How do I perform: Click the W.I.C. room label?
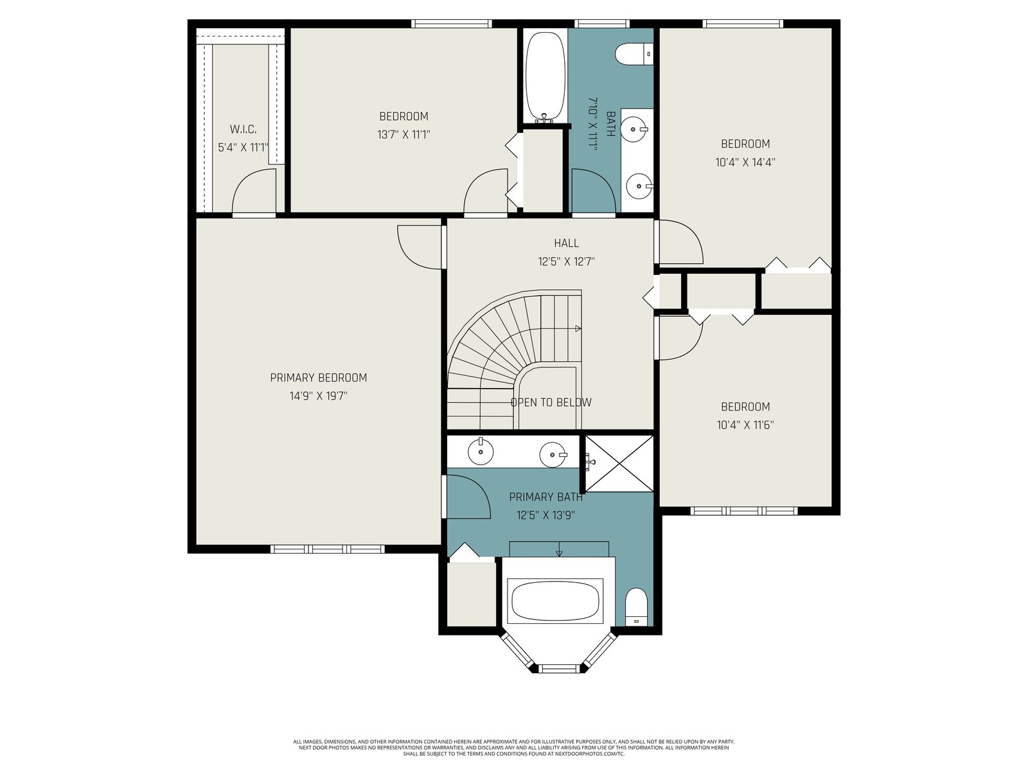(243, 129)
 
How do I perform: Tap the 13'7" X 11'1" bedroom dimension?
(403, 135)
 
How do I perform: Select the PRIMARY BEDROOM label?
(319, 378)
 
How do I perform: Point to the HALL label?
(566, 243)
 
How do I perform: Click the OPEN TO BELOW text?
(551, 402)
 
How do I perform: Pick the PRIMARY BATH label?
(545, 497)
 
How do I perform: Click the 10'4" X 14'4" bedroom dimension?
(745, 163)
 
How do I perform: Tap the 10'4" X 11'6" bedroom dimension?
(745, 425)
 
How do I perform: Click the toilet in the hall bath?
(634, 55)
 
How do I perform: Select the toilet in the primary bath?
(637, 607)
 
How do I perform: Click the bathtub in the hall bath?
(545, 77)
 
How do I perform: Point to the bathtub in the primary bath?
(555, 601)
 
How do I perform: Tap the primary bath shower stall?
(619, 463)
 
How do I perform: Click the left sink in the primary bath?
(481, 452)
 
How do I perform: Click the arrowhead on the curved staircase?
(578, 328)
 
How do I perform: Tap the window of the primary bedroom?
(328, 549)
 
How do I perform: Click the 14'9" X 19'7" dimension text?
(319, 396)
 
